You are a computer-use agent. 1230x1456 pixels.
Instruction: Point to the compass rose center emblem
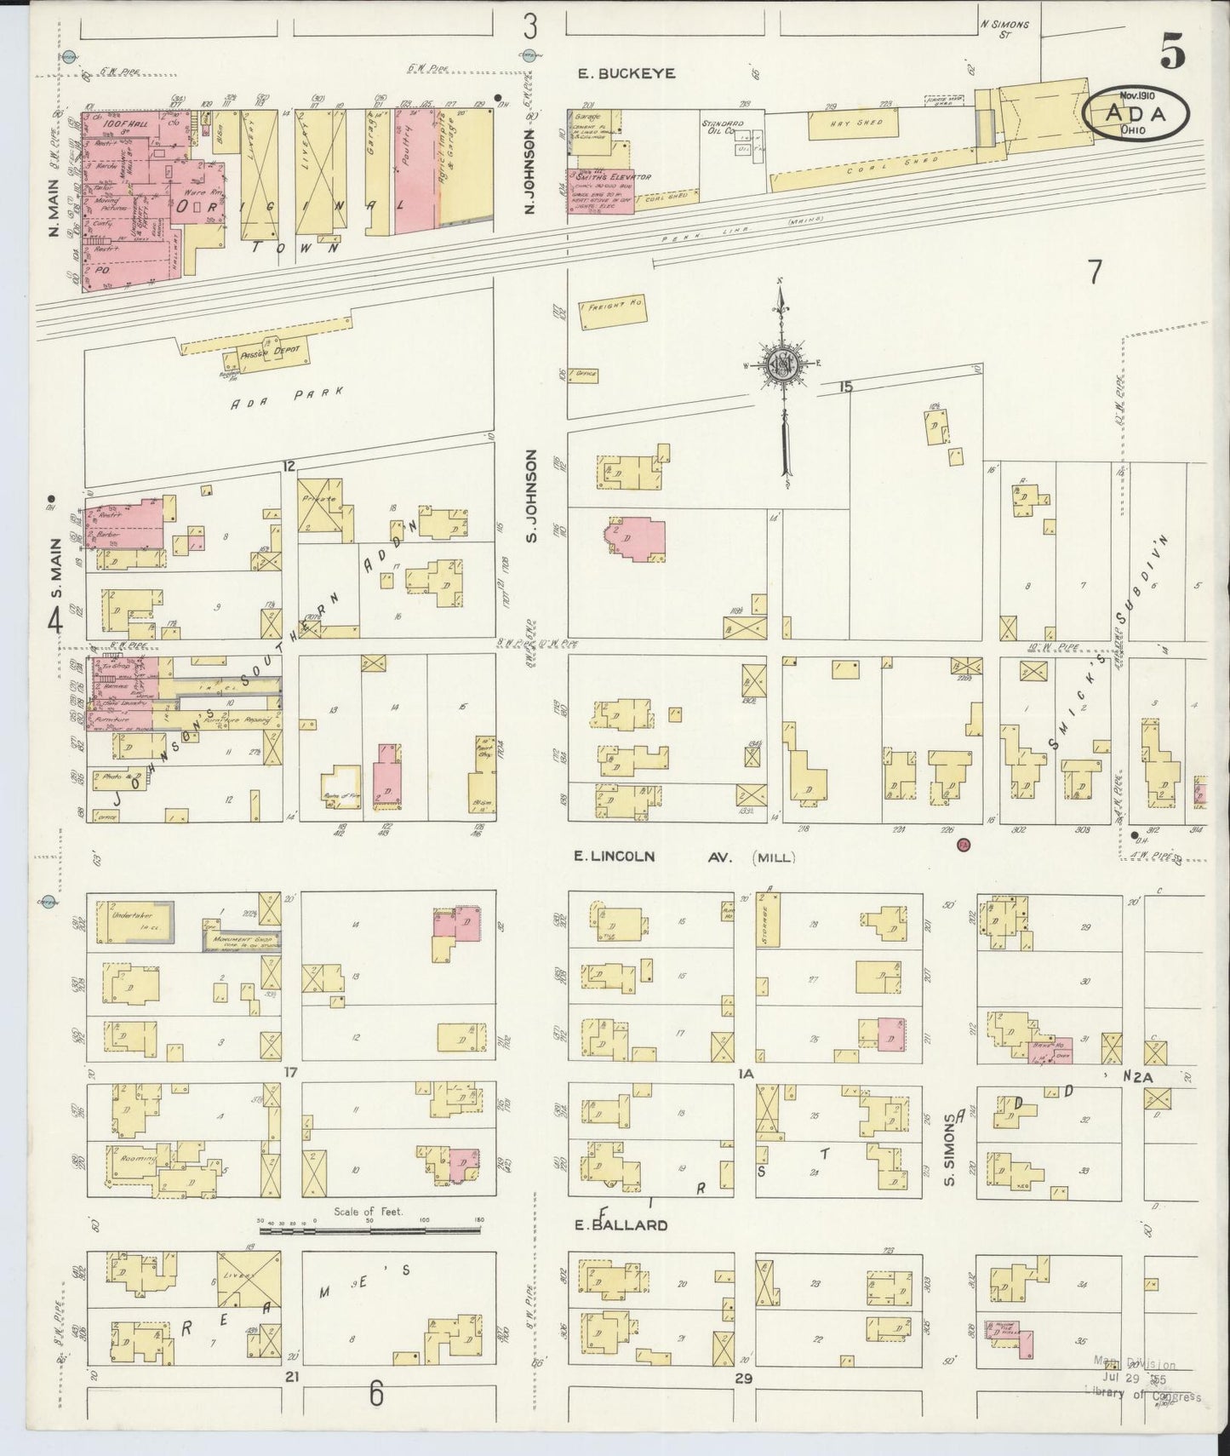(x=781, y=364)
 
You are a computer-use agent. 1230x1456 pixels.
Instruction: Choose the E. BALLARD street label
(x=620, y=1225)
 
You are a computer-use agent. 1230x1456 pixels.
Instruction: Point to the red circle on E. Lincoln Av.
(x=963, y=845)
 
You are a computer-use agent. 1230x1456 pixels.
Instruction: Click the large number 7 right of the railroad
(x=1094, y=272)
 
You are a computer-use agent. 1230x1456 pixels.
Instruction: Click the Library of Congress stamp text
(x=1142, y=1396)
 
